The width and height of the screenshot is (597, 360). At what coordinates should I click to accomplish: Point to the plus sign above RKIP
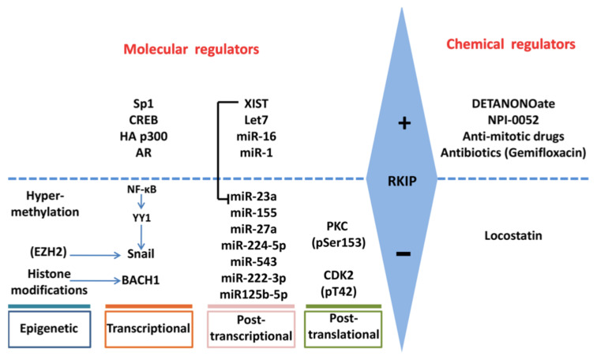point(405,123)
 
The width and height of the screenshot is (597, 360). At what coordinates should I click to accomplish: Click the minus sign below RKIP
point(404,254)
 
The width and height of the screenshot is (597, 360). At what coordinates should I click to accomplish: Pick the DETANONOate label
point(518,104)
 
